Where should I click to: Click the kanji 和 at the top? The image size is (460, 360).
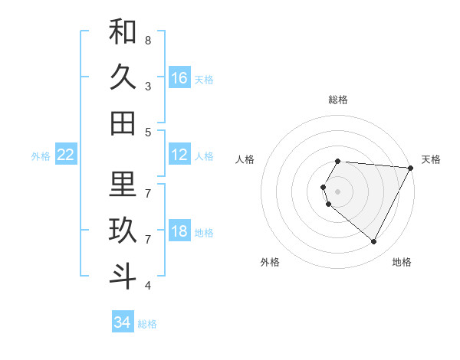point(123,32)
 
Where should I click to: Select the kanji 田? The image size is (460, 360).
point(123,123)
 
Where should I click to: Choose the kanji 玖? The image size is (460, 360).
point(123,231)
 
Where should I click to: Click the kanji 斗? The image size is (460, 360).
point(123,277)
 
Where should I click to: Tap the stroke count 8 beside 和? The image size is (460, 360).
point(148,40)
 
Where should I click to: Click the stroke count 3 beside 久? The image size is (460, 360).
point(148,86)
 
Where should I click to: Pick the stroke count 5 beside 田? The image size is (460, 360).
point(148,132)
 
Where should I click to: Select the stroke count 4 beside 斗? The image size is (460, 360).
point(148,286)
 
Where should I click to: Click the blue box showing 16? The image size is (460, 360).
point(179,78)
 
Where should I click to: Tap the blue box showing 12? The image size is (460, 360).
point(179,155)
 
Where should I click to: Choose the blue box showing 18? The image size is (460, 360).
point(179,232)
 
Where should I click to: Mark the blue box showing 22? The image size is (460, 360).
point(66,155)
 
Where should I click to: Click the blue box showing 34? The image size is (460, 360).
point(123,322)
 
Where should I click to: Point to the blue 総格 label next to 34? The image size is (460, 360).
point(147,324)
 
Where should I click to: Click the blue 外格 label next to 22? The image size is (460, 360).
point(41,156)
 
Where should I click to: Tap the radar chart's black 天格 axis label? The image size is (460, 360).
point(431,159)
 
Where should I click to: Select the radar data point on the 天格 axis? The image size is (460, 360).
point(410,167)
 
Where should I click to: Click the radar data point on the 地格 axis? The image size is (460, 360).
point(374,241)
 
